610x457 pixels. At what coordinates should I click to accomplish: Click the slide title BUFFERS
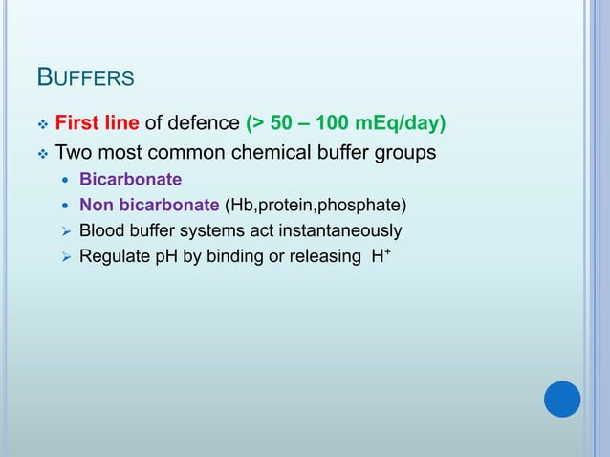point(85,76)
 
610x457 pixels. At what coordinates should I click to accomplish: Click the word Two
point(73,152)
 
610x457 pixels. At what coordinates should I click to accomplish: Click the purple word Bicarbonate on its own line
point(130,178)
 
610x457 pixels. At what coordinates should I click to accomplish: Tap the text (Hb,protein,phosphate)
point(316,204)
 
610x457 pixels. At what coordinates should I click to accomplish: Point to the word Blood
point(100,230)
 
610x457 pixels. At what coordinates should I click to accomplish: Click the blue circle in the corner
point(562,399)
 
